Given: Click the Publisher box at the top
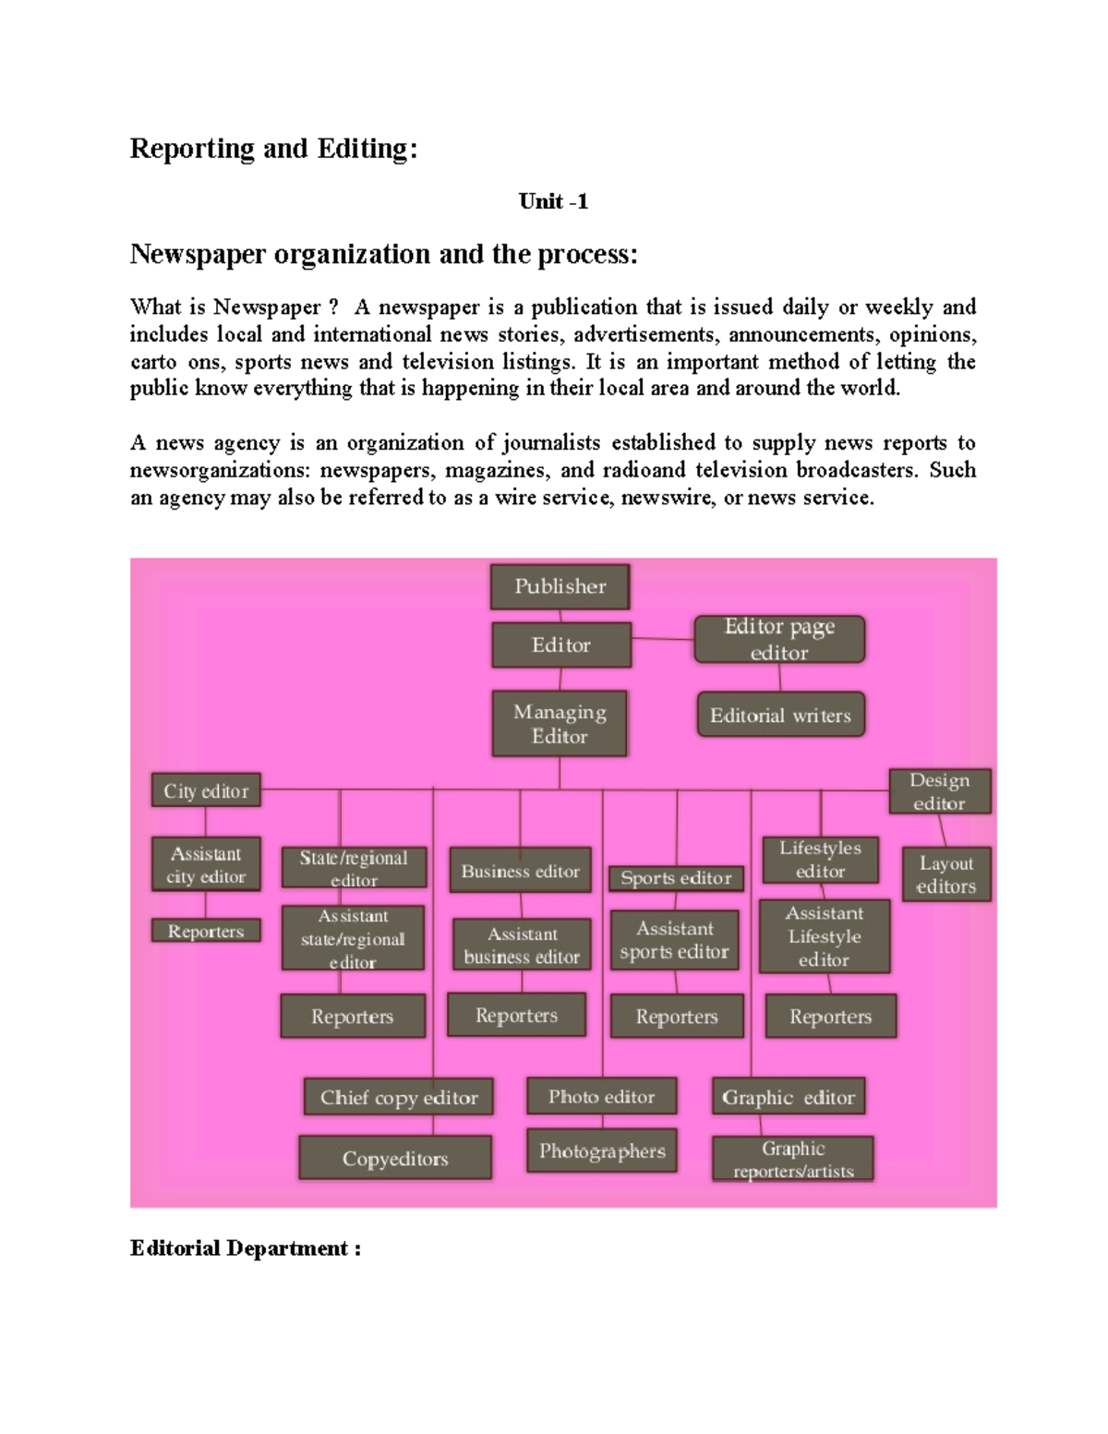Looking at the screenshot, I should coord(560,586).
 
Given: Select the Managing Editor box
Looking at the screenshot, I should coord(560,724).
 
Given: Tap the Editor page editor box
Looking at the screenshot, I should coord(779,639).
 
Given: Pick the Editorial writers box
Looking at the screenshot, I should coord(780,715).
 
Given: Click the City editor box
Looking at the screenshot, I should coord(206,790).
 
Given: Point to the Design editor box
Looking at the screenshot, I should coord(939,791).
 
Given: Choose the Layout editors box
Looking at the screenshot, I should coord(945,874).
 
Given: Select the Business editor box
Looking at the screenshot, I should coord(520,871).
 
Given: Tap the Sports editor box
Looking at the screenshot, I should coord(676,878).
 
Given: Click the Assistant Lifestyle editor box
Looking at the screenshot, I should coord(825,936).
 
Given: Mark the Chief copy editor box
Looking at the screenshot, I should coord(399,1097).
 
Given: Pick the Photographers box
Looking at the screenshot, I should coord(602,1151).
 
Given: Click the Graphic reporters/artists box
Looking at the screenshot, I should coord(793,1160).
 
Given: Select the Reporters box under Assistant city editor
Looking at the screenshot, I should coord(206,931).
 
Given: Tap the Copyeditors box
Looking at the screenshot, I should coord(395,1158).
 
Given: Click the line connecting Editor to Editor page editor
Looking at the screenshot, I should coord(662,638).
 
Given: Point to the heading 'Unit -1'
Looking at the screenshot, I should coord(553,201).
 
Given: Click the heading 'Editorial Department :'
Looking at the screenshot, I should coord(245,1248).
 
